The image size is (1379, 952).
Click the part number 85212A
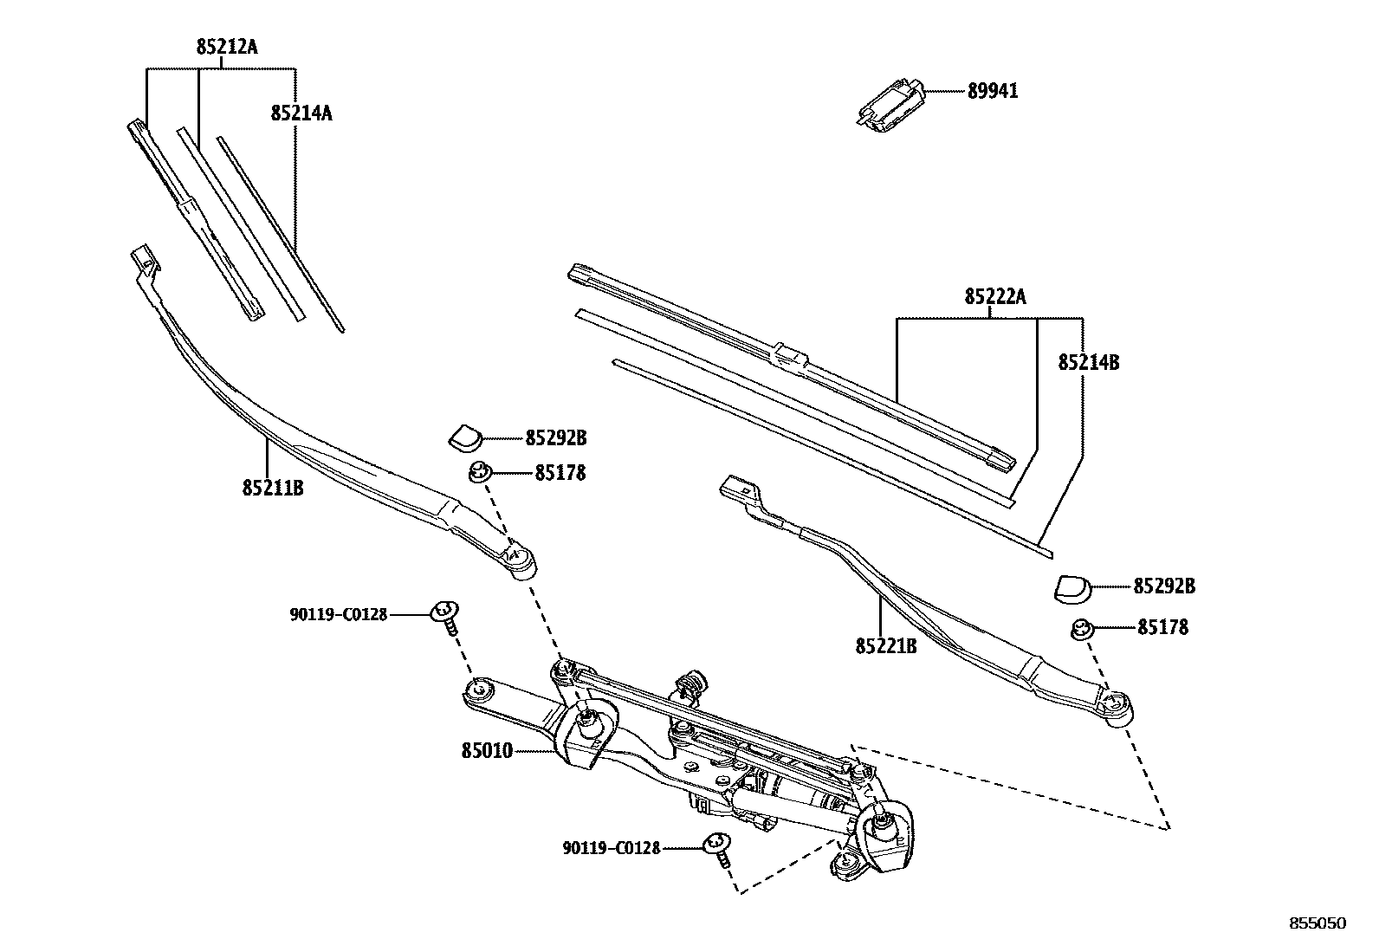click(227, 48)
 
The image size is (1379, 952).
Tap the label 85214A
click(301, 113)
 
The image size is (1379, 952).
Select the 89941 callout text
click(993, 91)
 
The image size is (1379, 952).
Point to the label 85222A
click(995, 297)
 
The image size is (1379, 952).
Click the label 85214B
click(1088, 363)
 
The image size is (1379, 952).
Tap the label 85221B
click(885, 646)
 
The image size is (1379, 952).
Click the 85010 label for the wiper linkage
click(487, 750)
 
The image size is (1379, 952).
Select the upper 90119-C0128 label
click(338, 614)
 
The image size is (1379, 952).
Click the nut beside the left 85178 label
click(479, 472)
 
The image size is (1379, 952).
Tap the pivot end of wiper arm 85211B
click(522, 561)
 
